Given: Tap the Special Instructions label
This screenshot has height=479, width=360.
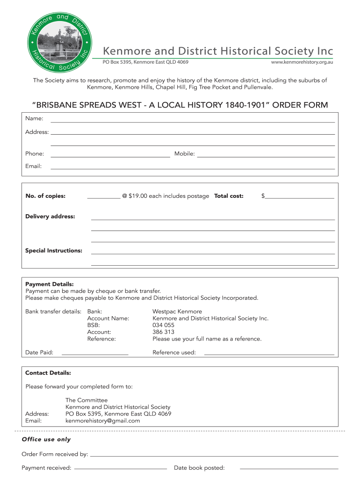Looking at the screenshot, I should coord(54,251).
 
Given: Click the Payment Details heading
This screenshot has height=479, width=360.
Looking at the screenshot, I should coord(50,284).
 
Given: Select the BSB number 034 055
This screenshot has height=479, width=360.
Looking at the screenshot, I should coord(163,325).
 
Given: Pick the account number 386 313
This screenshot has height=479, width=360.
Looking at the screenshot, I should coord(163,332).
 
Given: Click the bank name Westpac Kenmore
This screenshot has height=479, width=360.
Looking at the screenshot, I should coord(177,312).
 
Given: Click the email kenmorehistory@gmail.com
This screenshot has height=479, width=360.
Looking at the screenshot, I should coord(102,421).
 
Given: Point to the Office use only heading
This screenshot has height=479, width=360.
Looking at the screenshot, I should coord(46,439).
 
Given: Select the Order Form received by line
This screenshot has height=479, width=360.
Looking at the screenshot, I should coord(214,456).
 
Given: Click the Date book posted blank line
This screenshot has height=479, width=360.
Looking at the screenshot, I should coord(288,469).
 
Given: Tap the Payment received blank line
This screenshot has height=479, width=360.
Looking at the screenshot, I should coord(120,469).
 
